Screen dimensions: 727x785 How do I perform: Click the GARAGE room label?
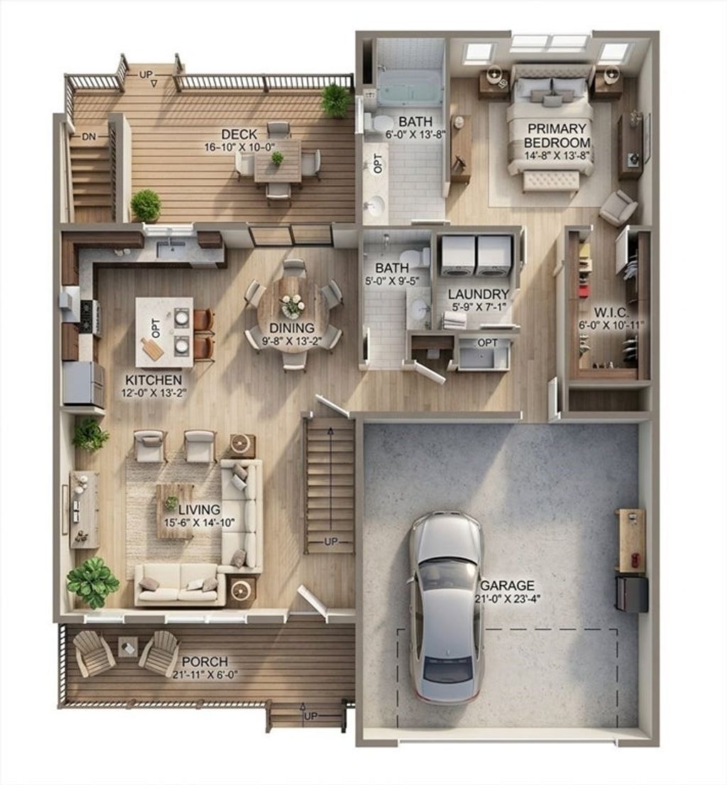[507, 586]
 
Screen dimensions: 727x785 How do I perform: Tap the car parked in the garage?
[446, 608]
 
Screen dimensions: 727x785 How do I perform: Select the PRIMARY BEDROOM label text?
[557, 136]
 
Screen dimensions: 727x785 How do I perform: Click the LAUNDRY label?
[478, 295]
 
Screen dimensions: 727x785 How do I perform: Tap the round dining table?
[291, 315]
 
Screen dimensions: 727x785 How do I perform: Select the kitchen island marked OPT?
[164, 332]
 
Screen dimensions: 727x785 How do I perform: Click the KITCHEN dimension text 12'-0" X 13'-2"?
[154, 392]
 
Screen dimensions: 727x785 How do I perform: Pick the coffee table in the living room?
[175, 510]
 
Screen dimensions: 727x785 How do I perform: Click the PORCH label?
[204, 662]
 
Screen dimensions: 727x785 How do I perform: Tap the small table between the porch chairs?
[128, 647]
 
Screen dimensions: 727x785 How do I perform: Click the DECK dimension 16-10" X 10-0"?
[239, 147]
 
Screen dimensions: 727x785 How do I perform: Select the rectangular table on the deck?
[278, 162]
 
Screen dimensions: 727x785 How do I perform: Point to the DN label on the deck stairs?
[89, 136]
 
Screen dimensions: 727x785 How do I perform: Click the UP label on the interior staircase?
[331, 542]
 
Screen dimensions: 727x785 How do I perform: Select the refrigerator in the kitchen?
[83, 384]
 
